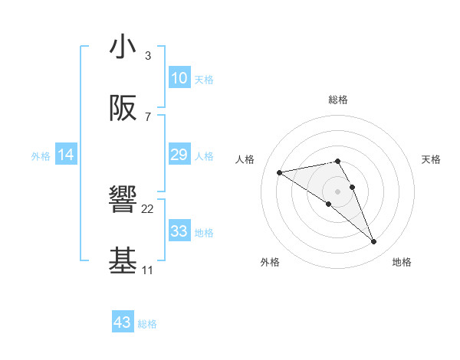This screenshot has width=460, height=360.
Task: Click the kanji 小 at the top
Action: pyautogui.click(x=123, y=47)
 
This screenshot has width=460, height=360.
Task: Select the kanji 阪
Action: pyautogui.click(x=123, y=109)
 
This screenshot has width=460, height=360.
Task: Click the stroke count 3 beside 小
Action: pyautogui.click(x=147, y=56)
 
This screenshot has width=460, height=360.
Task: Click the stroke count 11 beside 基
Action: pyautogui.click(x=147, y=270)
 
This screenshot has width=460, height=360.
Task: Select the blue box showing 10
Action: pyautogui.click(x=179, y=78)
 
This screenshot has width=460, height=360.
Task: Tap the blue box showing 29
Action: pyautogui.click(x=179, y=155)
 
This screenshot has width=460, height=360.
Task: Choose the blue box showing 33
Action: pyautogui.click(x=179, y=231)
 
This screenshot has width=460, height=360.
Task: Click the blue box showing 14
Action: pyautogui.click(x=66, y=155)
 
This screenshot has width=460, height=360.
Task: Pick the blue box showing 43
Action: pyautogui.click(x=123, y=322)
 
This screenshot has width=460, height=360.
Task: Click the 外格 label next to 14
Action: pyautogui.click(x=41, y=156)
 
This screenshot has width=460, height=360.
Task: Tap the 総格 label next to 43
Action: pyautogui.click(x=147, y=324)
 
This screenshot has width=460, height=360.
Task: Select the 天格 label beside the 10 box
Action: pyautogui.click(x=204, y=80)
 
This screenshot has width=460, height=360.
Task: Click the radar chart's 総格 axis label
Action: pyautogui.click(x=338, y=100)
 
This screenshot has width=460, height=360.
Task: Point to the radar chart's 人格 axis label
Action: pyautogui.click(x=245, y=159)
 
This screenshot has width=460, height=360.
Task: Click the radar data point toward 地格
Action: pyautogui.click(x=374, y=242)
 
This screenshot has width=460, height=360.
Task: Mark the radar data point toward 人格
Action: pyautogui.click(x=280, y=172)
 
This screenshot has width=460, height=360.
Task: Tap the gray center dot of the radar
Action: pyautogui.click(x=338, y=191)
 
